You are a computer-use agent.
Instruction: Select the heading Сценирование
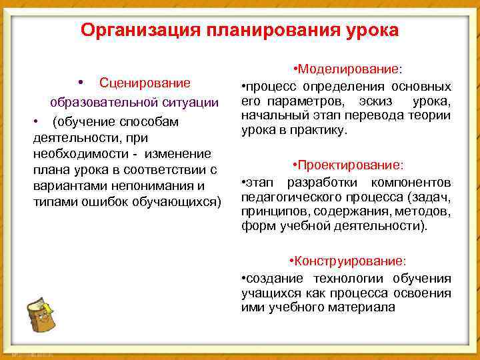click(x=145, y=83)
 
